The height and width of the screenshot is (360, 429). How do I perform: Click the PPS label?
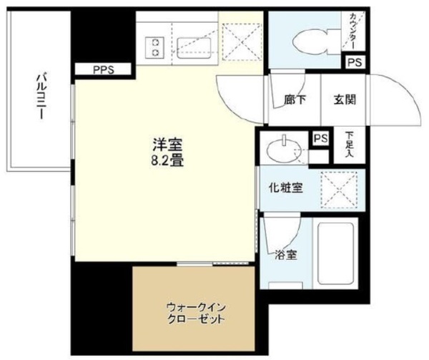103,70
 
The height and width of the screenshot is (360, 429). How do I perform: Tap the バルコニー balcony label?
41,96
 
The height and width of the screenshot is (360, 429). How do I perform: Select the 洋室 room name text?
167,145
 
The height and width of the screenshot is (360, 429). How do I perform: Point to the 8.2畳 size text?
167,160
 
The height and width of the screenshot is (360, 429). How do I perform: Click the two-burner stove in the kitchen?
155,47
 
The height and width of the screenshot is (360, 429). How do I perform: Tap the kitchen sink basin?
194,48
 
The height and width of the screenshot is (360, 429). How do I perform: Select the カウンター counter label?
352,31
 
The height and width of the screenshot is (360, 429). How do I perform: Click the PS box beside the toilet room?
355,62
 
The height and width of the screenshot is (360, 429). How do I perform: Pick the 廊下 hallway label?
295,99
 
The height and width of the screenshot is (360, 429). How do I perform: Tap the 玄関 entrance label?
345,99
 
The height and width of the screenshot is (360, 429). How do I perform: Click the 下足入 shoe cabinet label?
348,145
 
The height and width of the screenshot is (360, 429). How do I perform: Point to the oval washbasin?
284,150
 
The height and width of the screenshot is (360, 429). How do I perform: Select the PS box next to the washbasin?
320,138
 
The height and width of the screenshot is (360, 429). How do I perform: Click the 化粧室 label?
285,188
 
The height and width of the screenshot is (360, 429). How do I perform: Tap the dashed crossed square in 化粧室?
339,190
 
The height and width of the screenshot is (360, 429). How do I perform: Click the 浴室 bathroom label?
286,255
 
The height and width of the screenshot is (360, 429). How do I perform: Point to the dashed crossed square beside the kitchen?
242,42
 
